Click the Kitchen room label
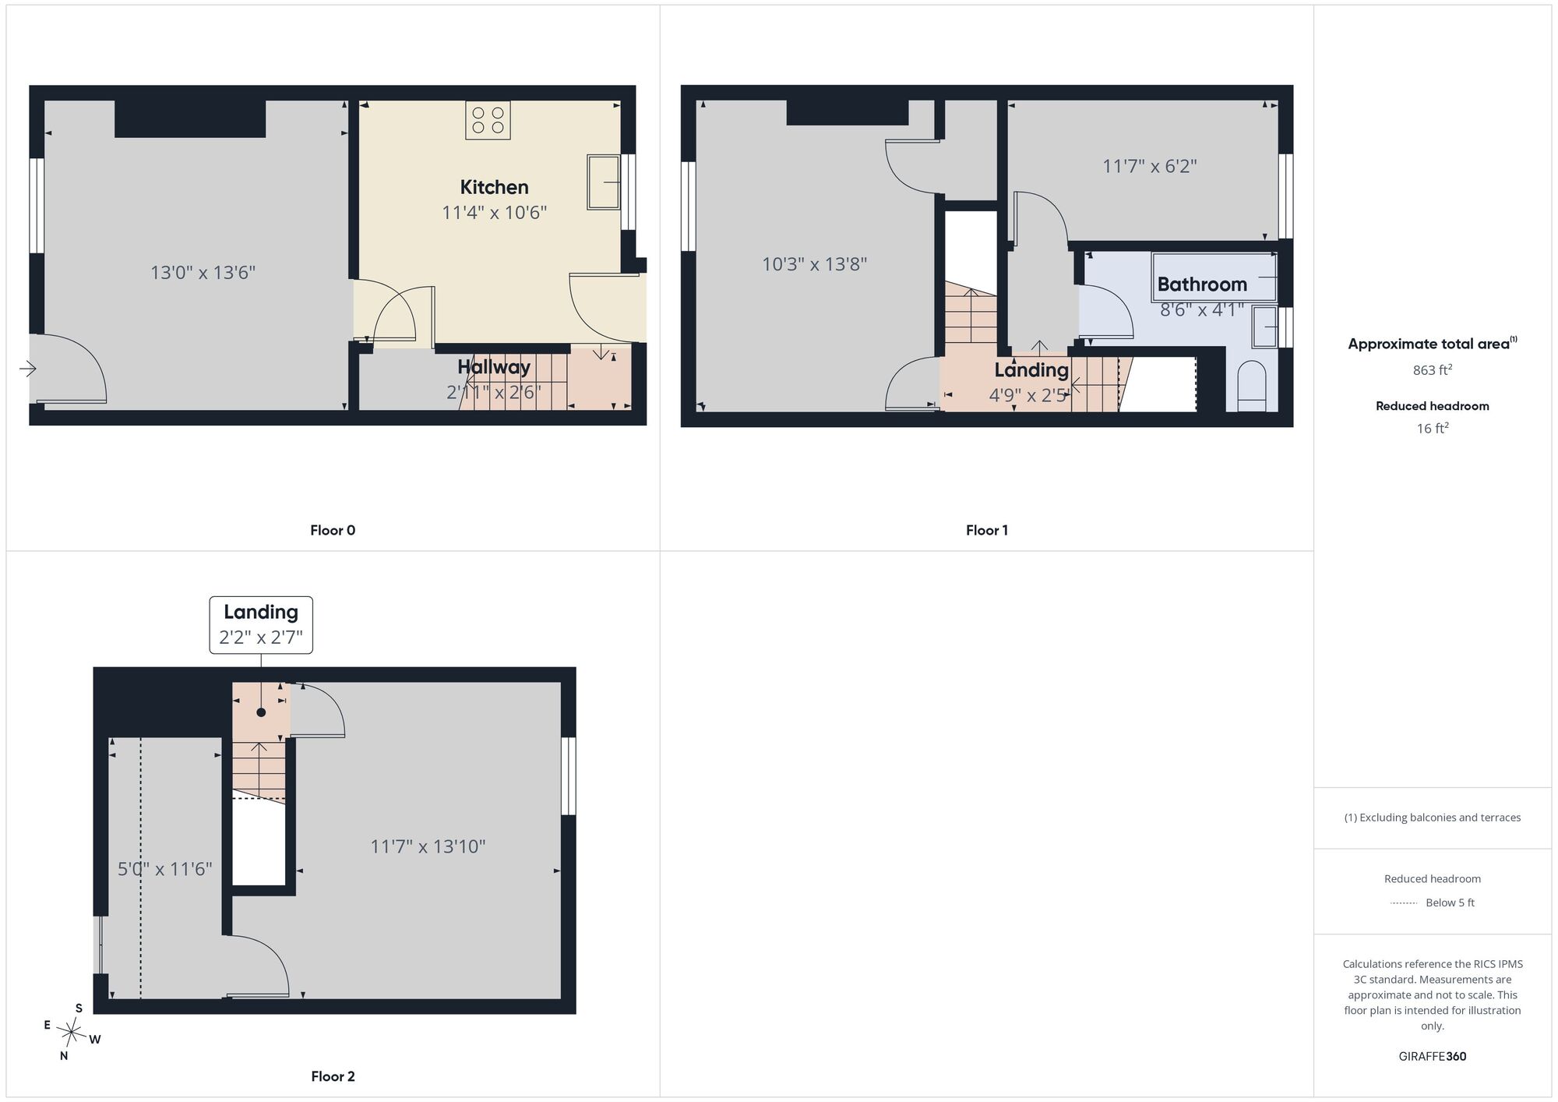(494, 187)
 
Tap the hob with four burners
(488, 120)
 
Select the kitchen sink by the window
(604, 182)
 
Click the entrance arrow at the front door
(27, 369)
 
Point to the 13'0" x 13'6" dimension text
(203, 273)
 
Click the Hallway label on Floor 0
(494, 366)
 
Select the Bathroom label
(1202, 284)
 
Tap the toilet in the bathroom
(1252, 385)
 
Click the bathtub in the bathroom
(1214, 277)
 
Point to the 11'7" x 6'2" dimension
(1149, 166)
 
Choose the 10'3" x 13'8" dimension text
(814, 264)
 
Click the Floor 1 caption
(986, 531)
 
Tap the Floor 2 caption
(333, 1076)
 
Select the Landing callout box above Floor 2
(261, 625)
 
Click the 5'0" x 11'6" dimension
(164, 869)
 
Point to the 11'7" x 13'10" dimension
(428, 846)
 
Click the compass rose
(71, 1033)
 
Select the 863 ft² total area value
(1432, 370)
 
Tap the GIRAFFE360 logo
(1432, 1057)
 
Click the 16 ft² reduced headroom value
(1432, 428)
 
